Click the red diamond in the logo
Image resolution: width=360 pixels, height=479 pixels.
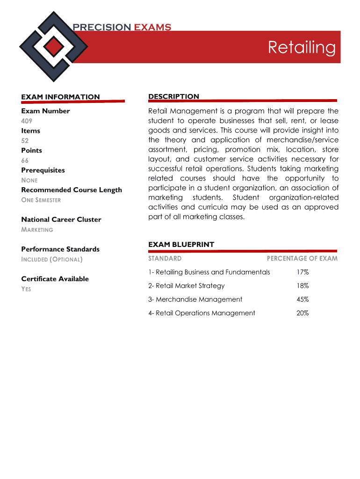[55, 46]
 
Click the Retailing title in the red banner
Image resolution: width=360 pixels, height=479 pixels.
[302, 47]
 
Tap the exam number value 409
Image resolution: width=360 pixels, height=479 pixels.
[26, 121]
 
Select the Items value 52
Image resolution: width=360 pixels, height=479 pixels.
[25, 140]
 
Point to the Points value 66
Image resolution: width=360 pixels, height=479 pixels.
[25, 160]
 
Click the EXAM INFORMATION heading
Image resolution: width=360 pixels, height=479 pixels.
[60, 97]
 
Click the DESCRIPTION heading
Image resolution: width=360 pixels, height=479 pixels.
[173, 96]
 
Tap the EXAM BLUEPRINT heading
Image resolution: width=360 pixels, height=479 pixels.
[181, 244]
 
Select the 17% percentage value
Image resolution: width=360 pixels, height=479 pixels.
[302, 272]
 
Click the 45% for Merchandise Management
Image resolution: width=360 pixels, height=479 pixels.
[302, 299]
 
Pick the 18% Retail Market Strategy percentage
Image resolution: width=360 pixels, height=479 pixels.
[302, 286]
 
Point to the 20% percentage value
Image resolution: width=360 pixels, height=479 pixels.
[302, 313]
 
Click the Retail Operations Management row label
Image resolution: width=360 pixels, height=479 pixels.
[202, 313]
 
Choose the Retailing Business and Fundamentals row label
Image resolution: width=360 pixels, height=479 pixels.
[209, 272]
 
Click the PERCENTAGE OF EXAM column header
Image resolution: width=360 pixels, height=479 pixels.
[302, 258]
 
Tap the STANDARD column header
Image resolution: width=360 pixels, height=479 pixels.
[165, 258]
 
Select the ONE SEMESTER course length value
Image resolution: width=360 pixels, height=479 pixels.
[41, 200]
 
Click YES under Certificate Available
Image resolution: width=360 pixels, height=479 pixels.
[26, 289]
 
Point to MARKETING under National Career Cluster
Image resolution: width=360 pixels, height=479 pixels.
[37, 230]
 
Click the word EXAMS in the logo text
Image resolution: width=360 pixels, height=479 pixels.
[152, 27]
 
